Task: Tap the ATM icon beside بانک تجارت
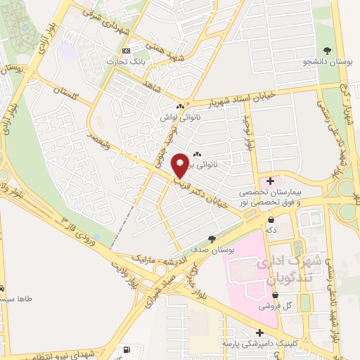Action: tap(127, 51)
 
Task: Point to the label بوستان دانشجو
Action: tap(326, 63)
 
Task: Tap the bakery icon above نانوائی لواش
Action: tap(181, 107)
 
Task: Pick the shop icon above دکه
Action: tap(271, 219)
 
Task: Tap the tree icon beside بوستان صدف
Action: tap(212, 240)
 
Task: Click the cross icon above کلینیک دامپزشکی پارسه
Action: tap(259, 333)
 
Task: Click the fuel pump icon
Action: tap(126, 349)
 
